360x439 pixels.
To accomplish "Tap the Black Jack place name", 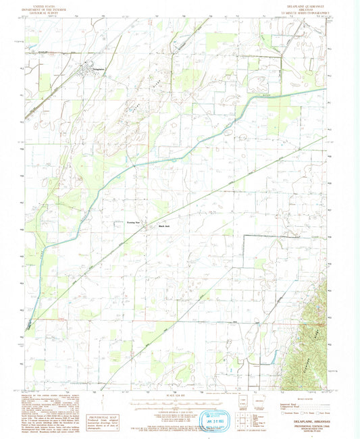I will tap(163, 226).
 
